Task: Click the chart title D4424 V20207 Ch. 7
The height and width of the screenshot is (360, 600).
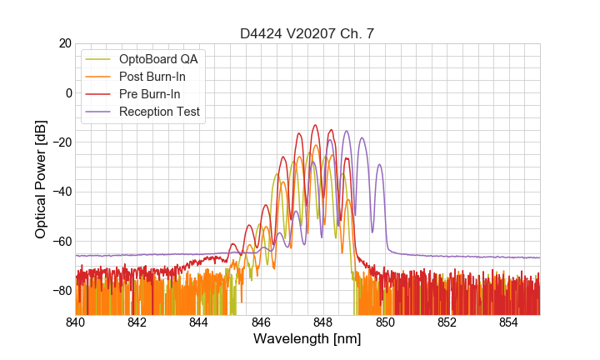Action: [307, 33]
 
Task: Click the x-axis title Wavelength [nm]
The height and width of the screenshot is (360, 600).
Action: [307, 339]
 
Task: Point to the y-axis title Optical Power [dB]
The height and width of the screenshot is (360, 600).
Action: [41, 179]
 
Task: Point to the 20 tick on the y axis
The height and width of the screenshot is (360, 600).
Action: [65, 43]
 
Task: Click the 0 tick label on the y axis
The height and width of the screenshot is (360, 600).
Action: [68, 92]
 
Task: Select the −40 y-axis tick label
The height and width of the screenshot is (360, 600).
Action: [62, 192]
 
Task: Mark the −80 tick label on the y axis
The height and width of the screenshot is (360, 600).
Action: [62, 291]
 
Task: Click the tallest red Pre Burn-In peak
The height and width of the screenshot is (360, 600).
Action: [315, 126]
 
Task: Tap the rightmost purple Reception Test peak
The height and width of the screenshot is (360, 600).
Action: [380, 165]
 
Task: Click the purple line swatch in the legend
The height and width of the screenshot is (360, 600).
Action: [100, 112]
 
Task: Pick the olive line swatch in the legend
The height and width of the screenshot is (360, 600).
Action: [100, 59]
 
